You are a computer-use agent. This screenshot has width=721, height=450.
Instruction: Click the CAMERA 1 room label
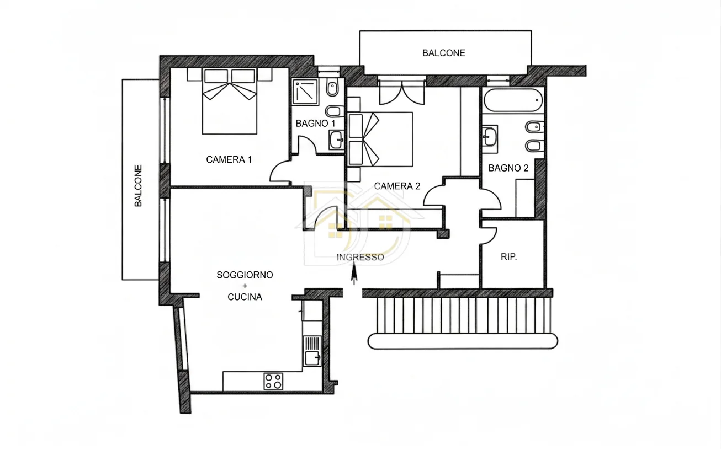click(x=229, y=159)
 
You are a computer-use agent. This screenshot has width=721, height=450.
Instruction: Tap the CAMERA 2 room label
click(x=397, y=186)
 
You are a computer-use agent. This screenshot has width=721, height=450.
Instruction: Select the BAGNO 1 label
click(x=315, y=124)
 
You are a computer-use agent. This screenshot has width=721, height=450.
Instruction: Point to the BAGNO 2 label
click(x=508, y=168)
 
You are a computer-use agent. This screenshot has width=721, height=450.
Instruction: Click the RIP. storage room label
click(x=509, y=257)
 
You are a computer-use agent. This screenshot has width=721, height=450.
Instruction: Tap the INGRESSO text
click(x=360, y=257)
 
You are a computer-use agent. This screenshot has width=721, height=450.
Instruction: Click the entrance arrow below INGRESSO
click(x=354, y=274)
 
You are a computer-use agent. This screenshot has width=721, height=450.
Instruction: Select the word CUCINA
click(x=245, y=297)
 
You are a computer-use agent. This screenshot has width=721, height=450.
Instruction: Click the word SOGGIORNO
click(x=245, y=275)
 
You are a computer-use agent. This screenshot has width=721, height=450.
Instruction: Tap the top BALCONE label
click(x=444, y=53)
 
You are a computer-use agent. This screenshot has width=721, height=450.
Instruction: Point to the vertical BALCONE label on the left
click(x=138, y=186)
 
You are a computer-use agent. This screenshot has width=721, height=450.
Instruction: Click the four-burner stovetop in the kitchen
click(x=273, y=381)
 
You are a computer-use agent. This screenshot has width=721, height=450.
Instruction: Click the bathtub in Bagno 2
click(x=513, y=100)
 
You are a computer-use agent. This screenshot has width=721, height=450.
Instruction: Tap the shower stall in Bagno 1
click(x=305, y=92)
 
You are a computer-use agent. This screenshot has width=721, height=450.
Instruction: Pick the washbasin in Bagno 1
click(x=336, y=140)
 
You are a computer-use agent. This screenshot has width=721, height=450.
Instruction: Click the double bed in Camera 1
click(x=230, y=101)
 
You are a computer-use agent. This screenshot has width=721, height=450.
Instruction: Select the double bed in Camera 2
click(x=380, y=140)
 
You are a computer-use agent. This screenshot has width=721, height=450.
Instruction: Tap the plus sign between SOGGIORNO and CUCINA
click(x=245, y=286)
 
